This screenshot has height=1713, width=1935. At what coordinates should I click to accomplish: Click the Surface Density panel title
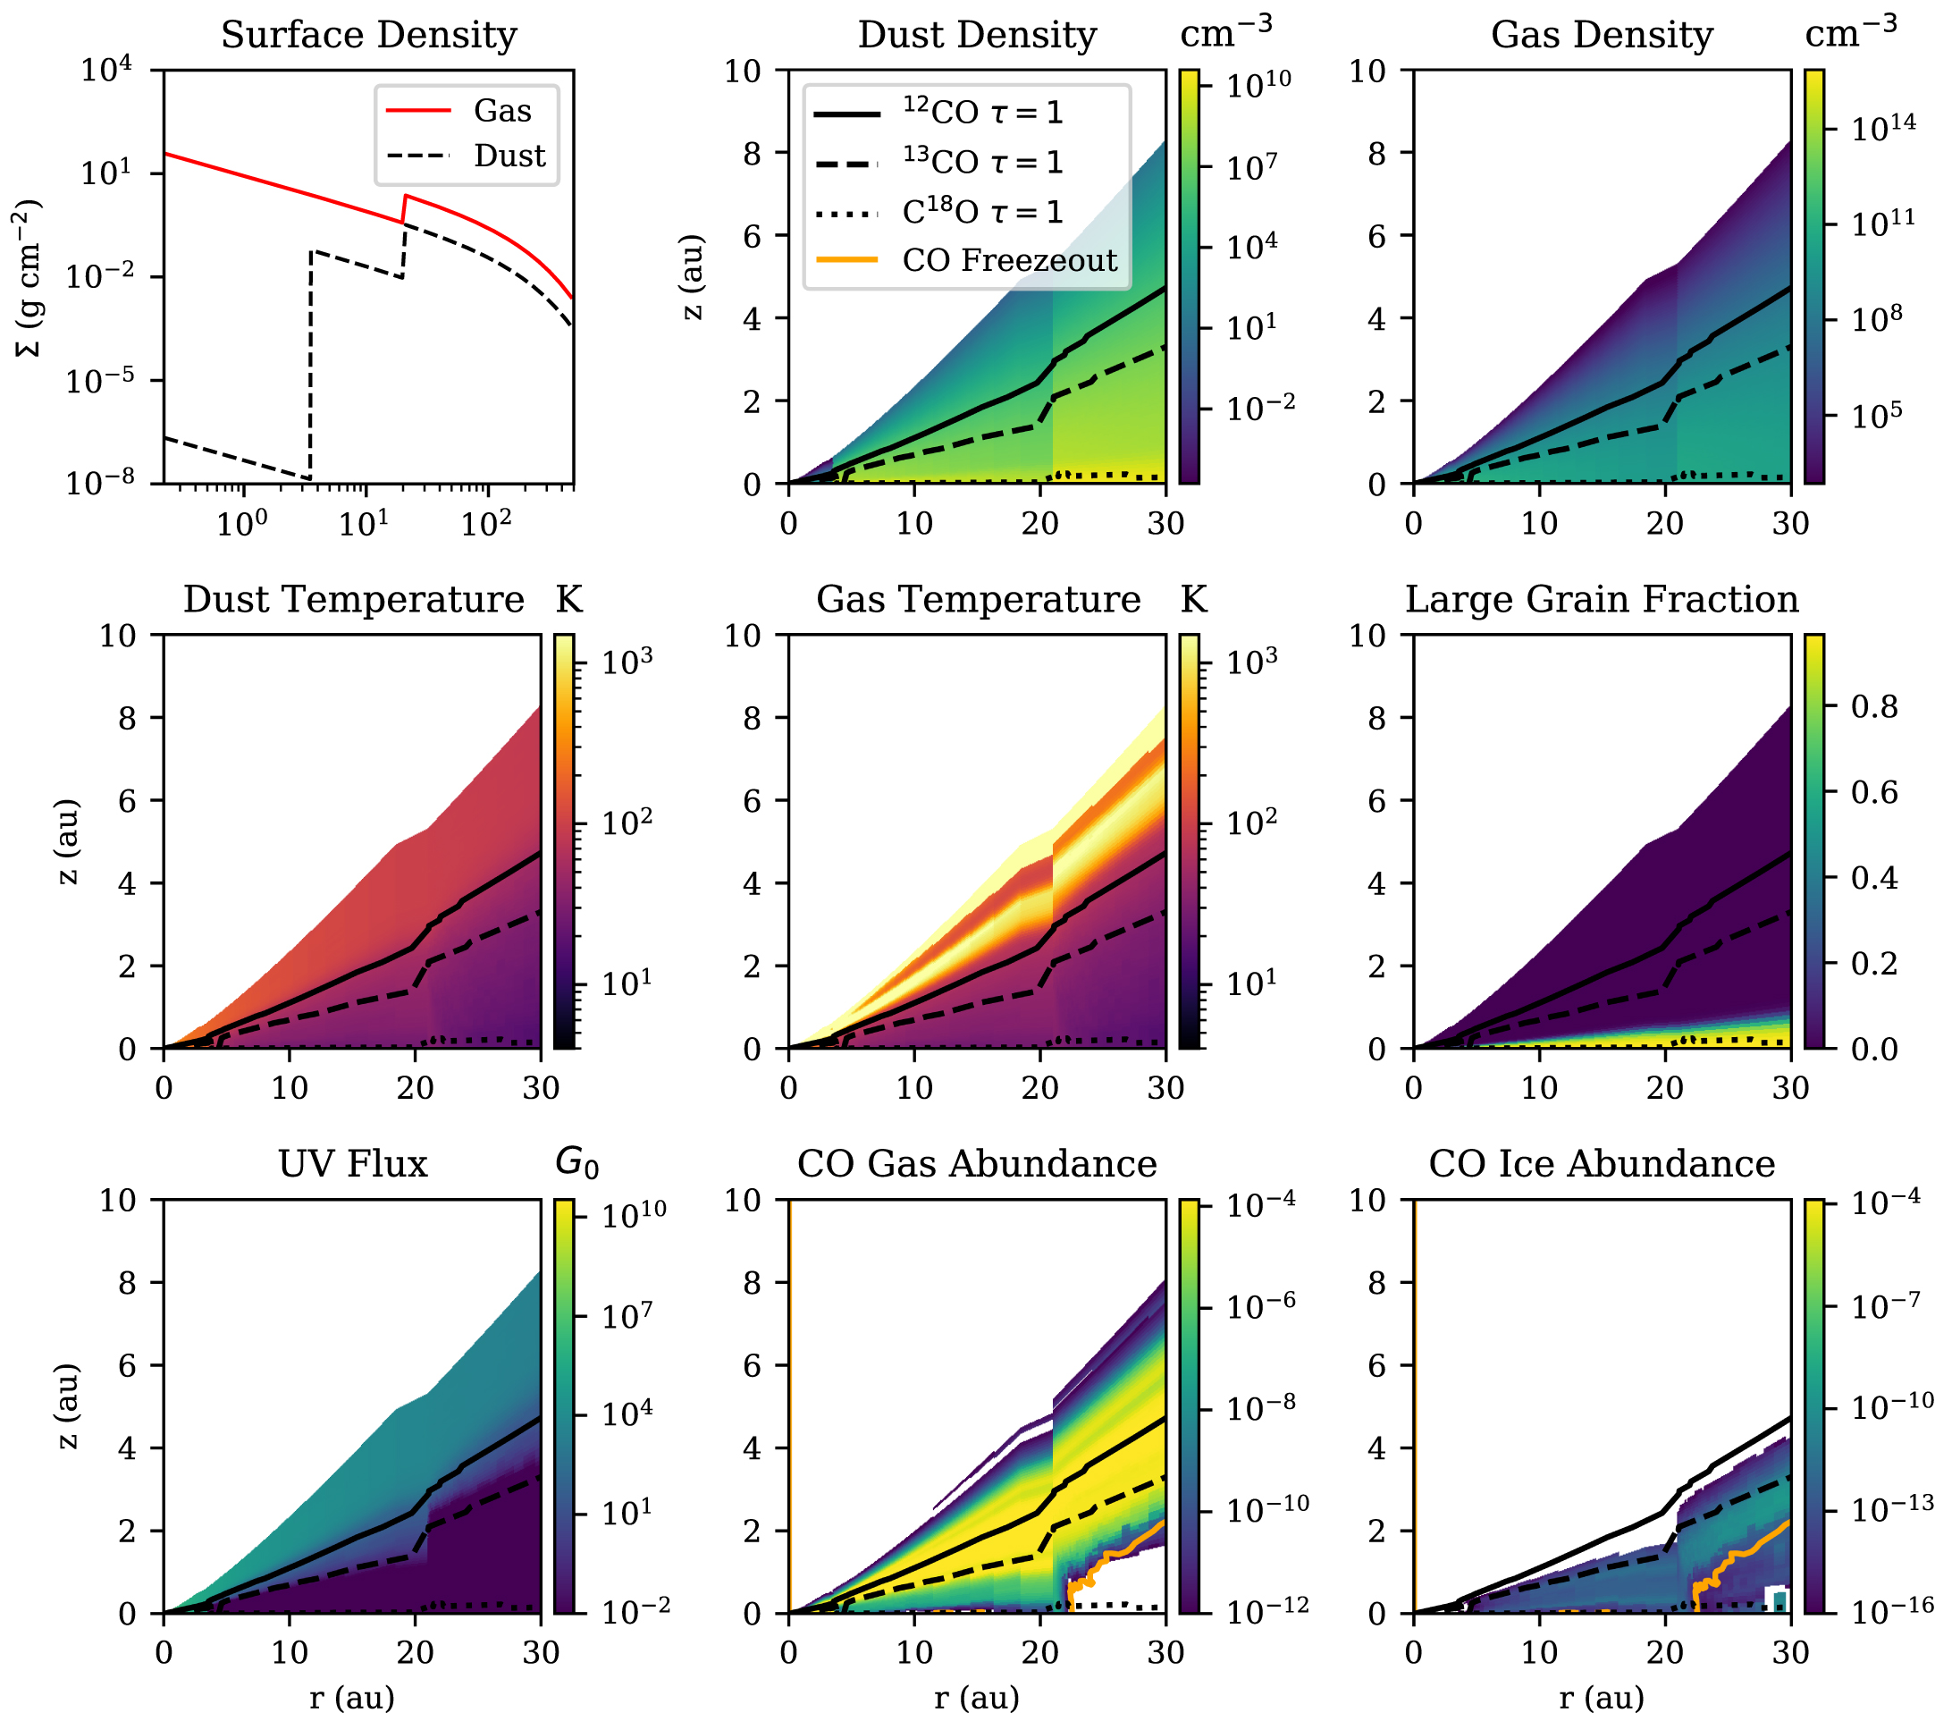pyautogui.click(x=369, y=35)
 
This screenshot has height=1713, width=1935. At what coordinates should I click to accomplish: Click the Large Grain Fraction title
pyautogui.click(x=1602, y=599)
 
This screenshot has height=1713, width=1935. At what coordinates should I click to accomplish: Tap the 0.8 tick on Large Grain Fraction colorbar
pyautogui.click(x=1874, y=706)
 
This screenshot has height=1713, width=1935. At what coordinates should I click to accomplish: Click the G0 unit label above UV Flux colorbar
pyautogui.click(x=576, y=1162)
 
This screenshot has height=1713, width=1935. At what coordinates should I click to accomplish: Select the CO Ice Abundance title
pyautogui.click(x=1602, y=1164)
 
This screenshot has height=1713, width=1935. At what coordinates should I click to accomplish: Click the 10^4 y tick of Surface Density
pyautogui.click(x=106, y=70)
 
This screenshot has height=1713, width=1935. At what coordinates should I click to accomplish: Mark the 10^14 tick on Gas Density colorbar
pyautogui.click(x=1883, y=127)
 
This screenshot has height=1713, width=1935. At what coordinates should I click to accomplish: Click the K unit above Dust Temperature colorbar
pyautogui.click(x=569, y=599)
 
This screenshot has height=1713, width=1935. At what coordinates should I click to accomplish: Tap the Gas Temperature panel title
pyautogui.click(x=978, y=599)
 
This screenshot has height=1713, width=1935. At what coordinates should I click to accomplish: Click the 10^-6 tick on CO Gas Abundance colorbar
pyautogui.click(x=1259, y=1307)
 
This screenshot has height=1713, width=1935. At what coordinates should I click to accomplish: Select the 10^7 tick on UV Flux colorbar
pyautogui.click(x=628, y=1315)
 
